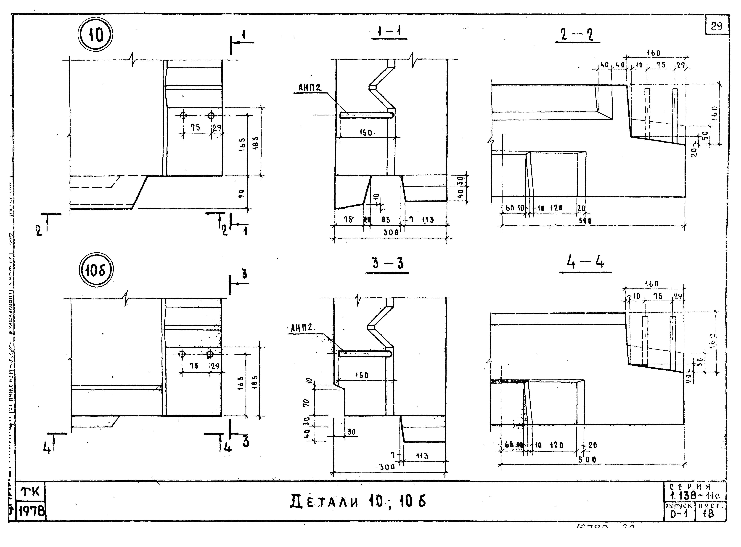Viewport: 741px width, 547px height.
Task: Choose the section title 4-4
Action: point(585,263)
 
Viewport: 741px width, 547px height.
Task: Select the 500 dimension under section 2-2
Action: point(585,221)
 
